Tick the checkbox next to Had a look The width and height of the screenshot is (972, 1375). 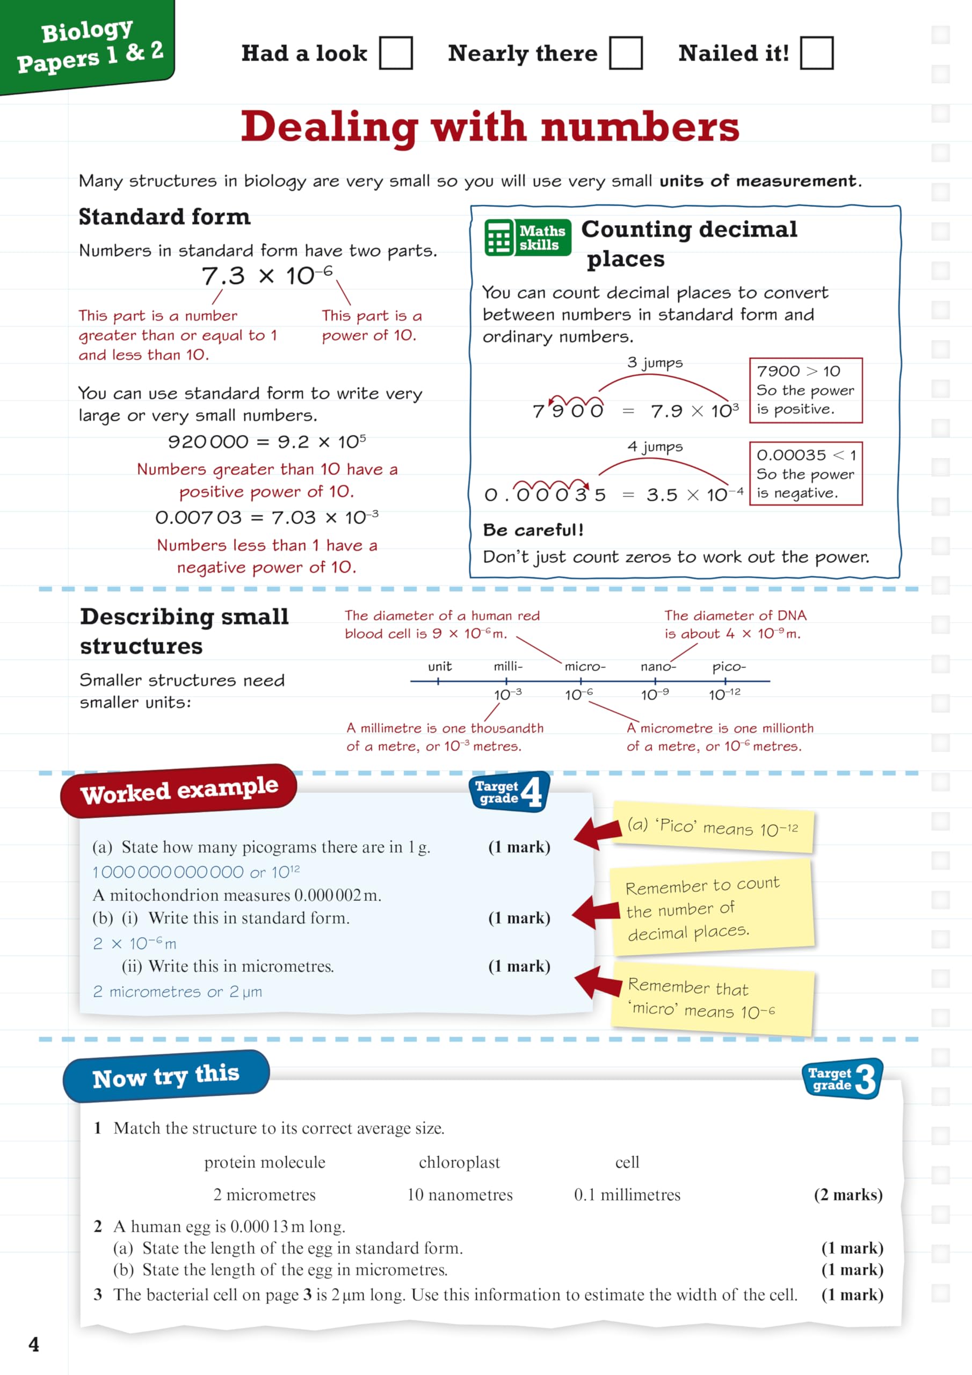[395, 53]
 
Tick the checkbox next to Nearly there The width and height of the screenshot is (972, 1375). [625, 53]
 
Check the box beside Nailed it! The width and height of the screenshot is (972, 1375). [816, 53]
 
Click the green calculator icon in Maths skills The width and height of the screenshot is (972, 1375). [499, 238]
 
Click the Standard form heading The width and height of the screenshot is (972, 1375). [165, 217]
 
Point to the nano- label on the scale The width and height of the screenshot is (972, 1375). [658, 667]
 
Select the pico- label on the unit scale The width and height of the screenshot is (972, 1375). [729, 667]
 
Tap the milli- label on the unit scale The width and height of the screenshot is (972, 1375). [508, 667]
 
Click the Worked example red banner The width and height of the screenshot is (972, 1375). [178, 791]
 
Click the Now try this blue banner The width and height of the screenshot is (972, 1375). [166, 1077]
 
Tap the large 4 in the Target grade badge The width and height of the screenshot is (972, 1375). [531, 792]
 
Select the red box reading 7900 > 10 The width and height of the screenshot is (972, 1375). [806, 390]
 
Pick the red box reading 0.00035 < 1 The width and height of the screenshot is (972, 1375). [806, 474]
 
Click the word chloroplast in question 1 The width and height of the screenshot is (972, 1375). [459, 1162]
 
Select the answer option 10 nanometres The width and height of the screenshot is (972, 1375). [460, 1195]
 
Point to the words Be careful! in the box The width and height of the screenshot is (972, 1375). [533, 530]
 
